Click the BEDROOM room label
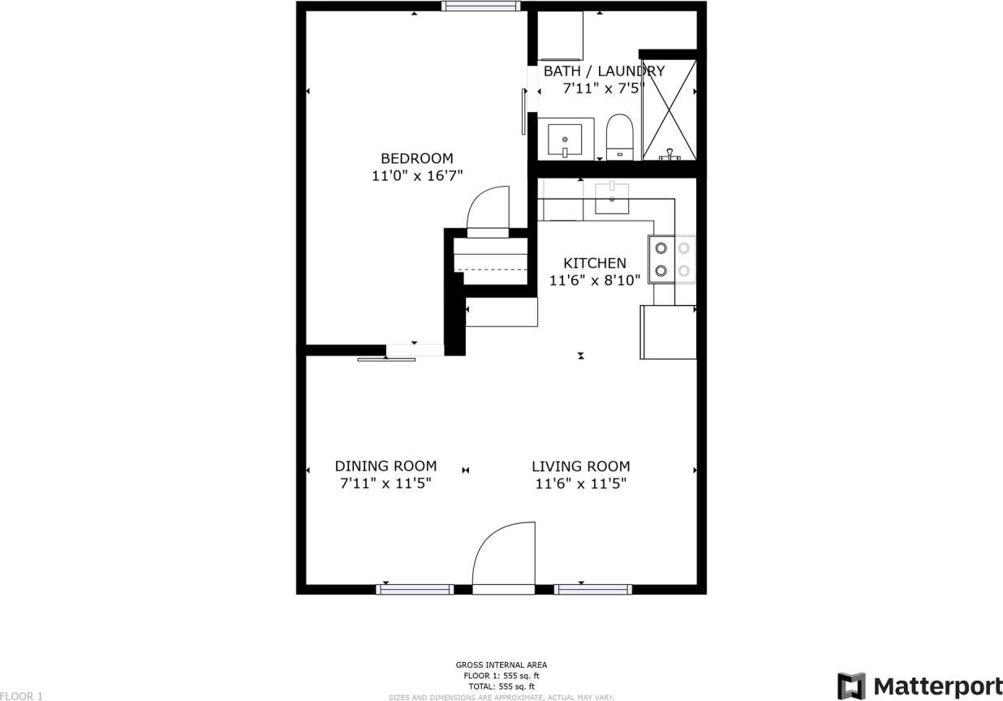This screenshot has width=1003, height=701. (417, 158)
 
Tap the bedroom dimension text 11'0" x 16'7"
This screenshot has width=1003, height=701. (417, 175)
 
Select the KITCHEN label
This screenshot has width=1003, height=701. (595, 263)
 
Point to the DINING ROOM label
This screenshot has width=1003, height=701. (385, 466)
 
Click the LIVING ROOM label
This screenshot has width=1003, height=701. (580, 466)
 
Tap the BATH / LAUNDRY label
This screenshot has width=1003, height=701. (604, 71)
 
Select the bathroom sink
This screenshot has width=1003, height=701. (564, 140)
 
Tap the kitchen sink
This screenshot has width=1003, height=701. (612, 197)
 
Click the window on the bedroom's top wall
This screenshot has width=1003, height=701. (480, 6)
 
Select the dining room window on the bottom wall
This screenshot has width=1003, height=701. (415, 589)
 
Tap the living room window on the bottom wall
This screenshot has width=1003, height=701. (592, 589)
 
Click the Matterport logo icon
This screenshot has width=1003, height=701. (850, 686)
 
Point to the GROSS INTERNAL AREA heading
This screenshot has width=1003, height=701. (501, 665)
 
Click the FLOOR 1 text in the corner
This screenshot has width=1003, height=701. (22, 695)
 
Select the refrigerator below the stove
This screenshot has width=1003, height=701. (668, 332)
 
